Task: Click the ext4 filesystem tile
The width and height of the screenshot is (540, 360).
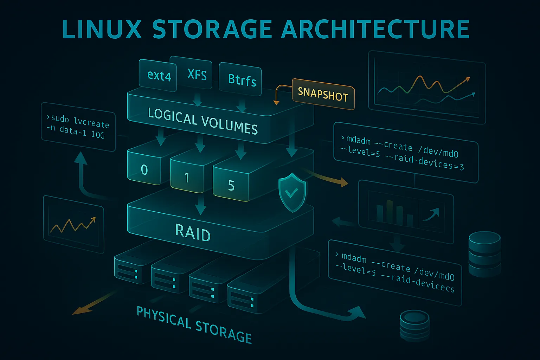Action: coord(159,75)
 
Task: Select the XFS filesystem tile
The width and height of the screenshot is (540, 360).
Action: coord(197,74)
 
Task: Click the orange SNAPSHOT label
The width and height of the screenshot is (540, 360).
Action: coord(323,94)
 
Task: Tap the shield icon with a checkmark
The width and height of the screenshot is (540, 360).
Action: coord(292,192)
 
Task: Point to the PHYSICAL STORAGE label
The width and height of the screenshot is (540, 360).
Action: coord(194,324)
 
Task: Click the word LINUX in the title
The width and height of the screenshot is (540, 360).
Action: coord(102,30)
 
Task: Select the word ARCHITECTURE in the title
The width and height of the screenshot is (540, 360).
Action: coord(375,30)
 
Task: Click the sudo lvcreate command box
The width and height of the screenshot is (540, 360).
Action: coord(78,127)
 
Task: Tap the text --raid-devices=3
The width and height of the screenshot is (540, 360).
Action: coord(424,161)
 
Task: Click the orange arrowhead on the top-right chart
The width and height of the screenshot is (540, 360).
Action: coord(467,79)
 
